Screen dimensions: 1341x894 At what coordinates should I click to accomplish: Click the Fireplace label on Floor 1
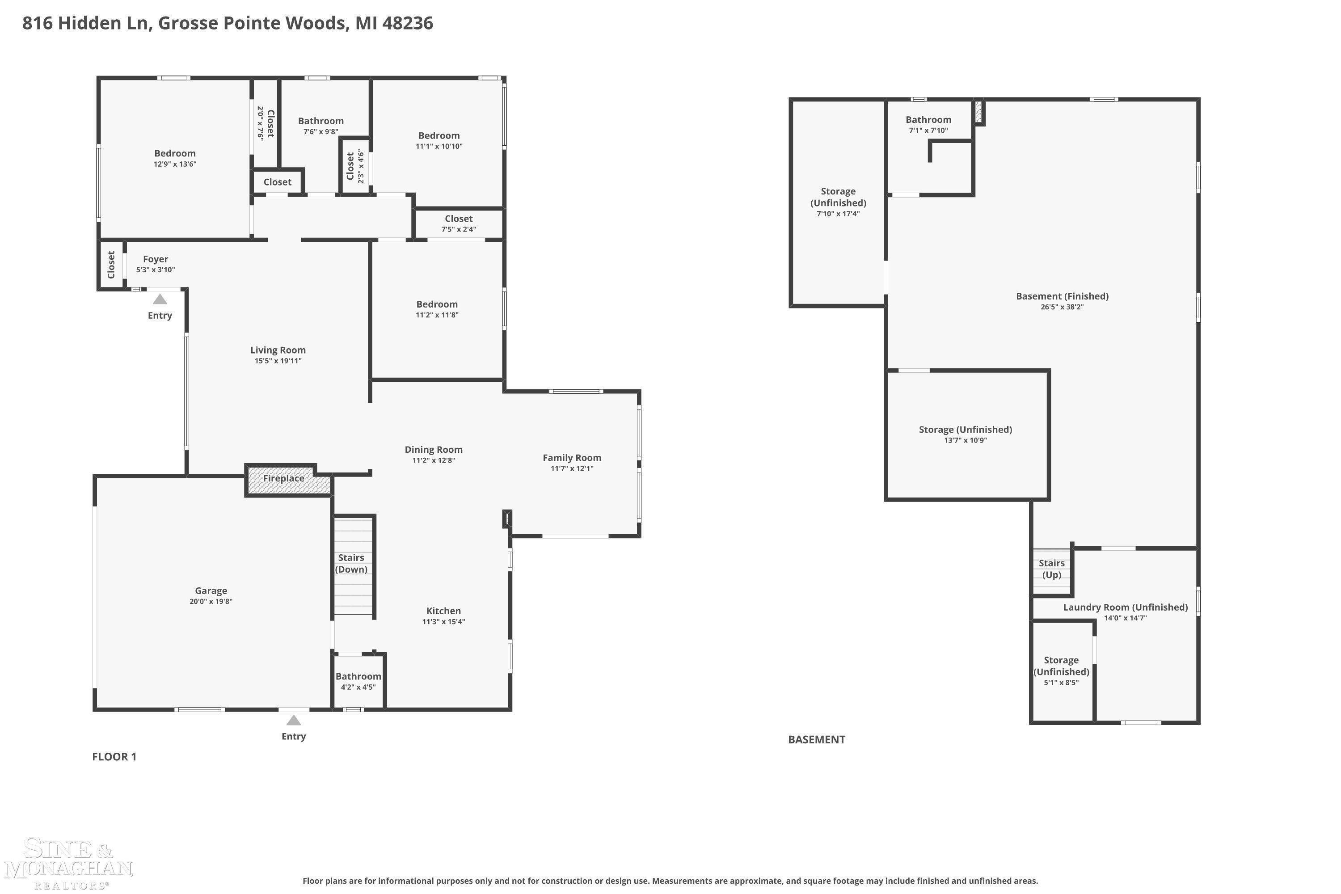pos(283,478)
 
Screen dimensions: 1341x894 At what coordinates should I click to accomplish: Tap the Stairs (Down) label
pos(351,563)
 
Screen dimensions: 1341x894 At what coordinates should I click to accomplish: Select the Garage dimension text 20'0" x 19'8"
pos(211,602)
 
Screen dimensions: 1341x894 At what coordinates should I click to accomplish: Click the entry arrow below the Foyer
pos(160,299)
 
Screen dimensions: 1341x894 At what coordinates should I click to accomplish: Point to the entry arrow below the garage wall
pos(294,720)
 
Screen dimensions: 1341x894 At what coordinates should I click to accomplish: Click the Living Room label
pos(278,350)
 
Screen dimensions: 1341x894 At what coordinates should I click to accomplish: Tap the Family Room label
pos(572,458)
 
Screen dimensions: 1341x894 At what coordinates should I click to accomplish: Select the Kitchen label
pos(443,611)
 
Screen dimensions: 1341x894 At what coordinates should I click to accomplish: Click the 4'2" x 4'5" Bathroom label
pos(358,681)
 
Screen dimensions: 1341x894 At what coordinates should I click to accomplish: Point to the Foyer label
pos(156,259)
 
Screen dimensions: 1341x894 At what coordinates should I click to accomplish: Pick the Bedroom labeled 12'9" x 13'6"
pos(175,158)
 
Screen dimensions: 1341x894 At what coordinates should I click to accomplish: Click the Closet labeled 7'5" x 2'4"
pos(459,223)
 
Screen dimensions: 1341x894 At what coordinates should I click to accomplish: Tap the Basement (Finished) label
pos(1062,296)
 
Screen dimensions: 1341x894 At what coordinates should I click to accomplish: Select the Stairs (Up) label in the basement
pos(1051,569)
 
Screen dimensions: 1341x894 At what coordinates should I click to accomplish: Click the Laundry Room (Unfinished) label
pos(1126,607)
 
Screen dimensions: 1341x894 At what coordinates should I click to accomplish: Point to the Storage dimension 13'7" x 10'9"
pos(965,440)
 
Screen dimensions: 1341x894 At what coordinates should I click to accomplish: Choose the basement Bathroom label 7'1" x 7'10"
pos(928,124)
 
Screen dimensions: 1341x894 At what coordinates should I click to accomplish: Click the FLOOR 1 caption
pos(114,757)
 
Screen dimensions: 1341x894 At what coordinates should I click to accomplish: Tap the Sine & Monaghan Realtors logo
pos(68,863)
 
